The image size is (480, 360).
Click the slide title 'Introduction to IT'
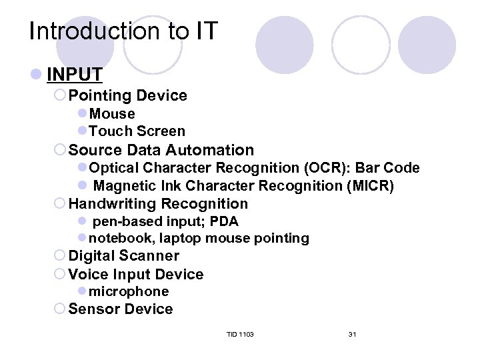point(123,31)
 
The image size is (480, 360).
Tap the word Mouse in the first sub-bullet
point(112,114)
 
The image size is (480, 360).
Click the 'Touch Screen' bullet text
point(137,131)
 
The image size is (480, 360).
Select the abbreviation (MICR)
point(370,186)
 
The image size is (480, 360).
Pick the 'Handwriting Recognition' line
point(158,204)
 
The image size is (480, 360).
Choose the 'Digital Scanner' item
point(124,256)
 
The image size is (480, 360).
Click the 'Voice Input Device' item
point(136,275)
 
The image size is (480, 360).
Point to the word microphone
point(129,291)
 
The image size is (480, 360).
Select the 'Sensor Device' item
point(121,309)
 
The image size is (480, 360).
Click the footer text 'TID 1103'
point(239,334)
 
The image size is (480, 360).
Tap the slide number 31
point(352,334)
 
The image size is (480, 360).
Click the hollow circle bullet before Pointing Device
point(60,96)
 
